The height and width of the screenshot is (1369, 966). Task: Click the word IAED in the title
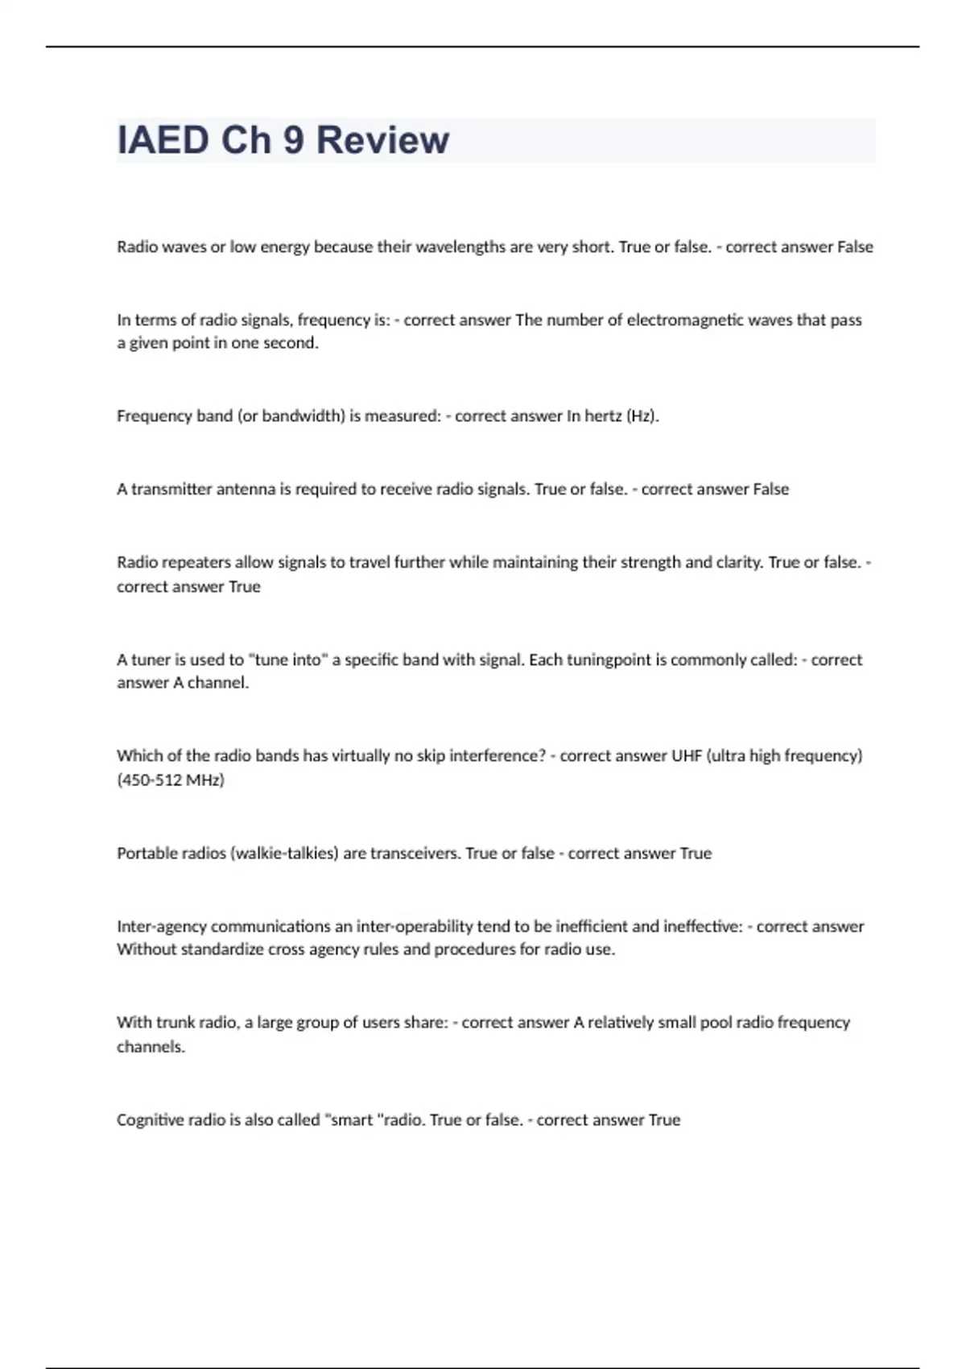(x=163, y=140)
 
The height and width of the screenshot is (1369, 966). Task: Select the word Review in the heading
(x=382, y=140)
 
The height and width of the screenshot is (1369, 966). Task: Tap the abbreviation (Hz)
(x=642, y=416)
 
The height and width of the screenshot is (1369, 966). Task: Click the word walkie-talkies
(x=284, y=853)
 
